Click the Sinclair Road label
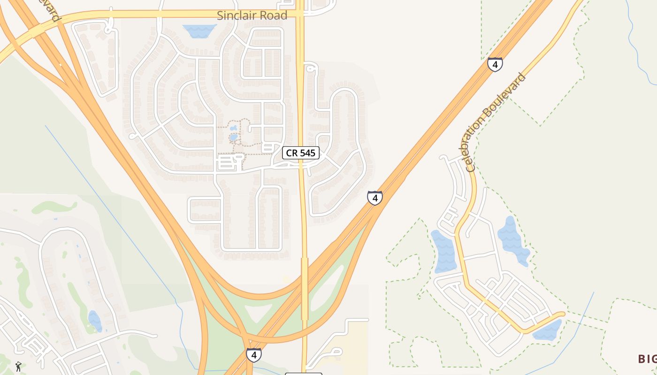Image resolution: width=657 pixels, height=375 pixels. point(252,15)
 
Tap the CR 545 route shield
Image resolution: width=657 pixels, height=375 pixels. point(301,153)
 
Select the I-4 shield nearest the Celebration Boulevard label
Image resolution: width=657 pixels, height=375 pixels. point(495,64)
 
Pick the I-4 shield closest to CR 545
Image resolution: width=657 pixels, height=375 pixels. point(374,198)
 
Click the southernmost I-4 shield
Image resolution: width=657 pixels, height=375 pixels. point(253,355)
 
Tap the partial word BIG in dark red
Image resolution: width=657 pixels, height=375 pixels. point(647,359)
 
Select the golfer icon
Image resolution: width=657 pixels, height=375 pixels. point(18,367)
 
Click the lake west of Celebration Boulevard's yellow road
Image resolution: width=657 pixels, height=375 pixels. point(444,252)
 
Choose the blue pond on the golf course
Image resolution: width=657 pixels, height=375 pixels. point(94,321)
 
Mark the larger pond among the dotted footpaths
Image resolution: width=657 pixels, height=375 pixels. point(234,137)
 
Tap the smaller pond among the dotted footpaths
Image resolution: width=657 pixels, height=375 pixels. point(233,127)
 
